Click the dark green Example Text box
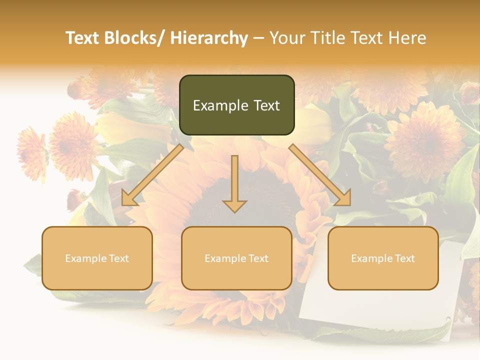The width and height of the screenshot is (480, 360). (x=236, y=105)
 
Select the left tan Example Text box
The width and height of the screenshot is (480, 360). (x=97, y=258)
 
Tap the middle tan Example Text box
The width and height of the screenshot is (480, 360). (x=236, y=258)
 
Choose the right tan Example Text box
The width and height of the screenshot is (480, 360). (x=383, y=258)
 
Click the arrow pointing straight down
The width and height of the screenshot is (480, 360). (x=234, y=185)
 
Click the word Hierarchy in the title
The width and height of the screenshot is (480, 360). (x=208, y=38)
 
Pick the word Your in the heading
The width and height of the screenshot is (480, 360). (x=286, y=38)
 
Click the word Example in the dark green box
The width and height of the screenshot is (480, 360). (x=220, y=105)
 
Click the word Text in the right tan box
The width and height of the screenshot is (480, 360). (x=404, y=258)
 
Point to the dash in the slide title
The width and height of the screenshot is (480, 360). (x=258, y=38)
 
